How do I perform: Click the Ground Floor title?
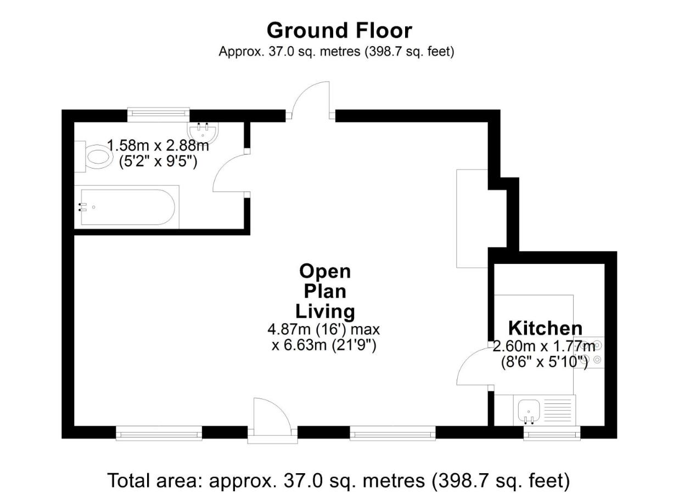coord(339,31)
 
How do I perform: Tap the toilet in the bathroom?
coord(94,156)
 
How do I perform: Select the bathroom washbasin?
coord(203,133)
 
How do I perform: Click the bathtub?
coord(127,207)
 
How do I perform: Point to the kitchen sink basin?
coord(529,411)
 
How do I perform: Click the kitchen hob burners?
coord(592,352)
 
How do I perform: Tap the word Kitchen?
coord(545,328)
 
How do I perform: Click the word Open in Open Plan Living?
coord(325,272)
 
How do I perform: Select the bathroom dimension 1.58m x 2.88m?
coord(158,145)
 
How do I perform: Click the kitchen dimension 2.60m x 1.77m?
coord(545,346)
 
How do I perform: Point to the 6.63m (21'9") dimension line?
coord(324,345)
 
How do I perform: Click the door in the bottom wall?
coord(272,414)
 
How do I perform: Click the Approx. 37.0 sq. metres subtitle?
coord(336,52)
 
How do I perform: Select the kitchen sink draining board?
coord(558,411)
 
